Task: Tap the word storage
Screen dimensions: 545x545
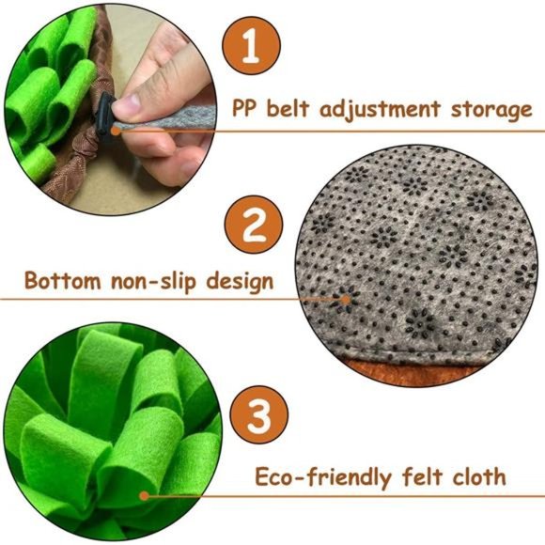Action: coord(488,109)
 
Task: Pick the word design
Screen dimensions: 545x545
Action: coord(239,280)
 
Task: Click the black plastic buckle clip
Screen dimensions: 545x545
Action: coord(106,111)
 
